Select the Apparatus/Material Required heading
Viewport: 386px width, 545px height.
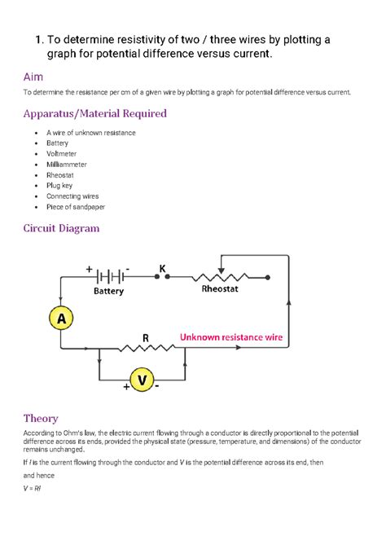point(94,113)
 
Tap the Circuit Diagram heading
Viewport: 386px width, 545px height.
point(61,229)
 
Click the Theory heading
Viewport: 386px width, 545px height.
point(41,419)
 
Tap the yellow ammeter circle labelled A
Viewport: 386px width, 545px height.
point(59,319)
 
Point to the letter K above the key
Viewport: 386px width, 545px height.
point(163,268)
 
